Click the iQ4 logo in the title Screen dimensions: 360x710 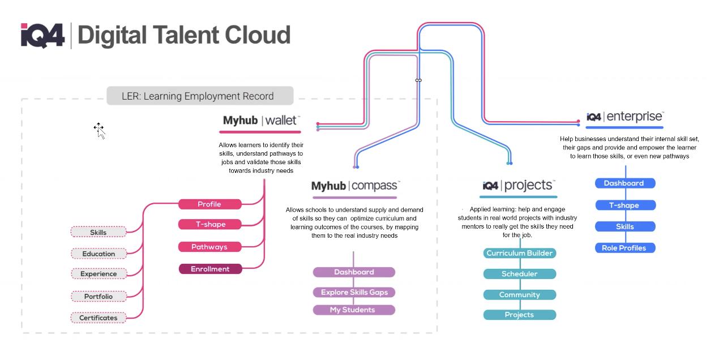(42, 35)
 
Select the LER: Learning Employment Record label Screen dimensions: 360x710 (200, 96)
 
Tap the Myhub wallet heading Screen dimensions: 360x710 (261, 121)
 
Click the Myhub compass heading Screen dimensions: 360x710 (356, 186)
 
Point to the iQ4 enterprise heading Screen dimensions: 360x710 (625, 117)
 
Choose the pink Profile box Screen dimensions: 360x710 (209, 204)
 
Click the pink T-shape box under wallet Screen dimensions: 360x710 (210, 225)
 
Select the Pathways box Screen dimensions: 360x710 (209, 247)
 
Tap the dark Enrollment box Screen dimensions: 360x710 (210, 269)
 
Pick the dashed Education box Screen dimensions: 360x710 (99, 254)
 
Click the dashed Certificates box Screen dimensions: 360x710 (99, 318)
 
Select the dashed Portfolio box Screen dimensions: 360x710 (99, 296)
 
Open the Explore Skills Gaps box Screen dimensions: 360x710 (354, 293)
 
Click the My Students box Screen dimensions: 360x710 (354, 310)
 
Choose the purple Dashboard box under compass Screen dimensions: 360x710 (354, 272)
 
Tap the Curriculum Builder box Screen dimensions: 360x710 (519, 253)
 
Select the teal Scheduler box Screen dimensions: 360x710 (519, 274)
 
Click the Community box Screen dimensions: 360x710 (519, 295)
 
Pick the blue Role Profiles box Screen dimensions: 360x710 (625, 248)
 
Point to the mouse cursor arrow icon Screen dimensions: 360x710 (100, 131)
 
